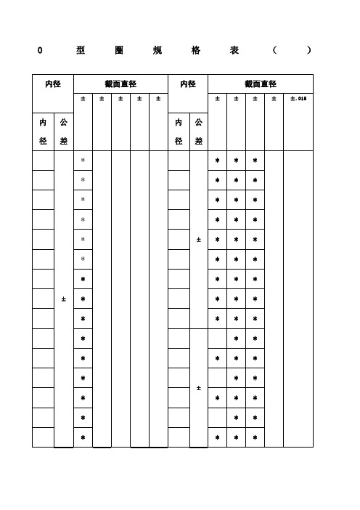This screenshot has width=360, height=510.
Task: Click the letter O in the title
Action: pyautogui.click(x=40, y=51)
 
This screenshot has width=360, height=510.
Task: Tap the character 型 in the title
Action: pyautogui.click(x=80, y=51)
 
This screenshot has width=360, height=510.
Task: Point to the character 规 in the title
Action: pyautogui.click(x=157, y=51)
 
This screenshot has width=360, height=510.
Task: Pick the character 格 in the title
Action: pyautogui.click(x=196, y=51)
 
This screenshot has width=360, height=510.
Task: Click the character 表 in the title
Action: pyautogui.click(x=234, y=51)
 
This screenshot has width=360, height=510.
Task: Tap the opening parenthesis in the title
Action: pyautogui.click(x=274, y=51)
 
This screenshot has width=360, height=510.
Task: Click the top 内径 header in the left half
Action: pyautogui.click(x=53, y=84)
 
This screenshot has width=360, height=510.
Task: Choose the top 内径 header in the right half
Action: pyautogui.click(x=187, y=84)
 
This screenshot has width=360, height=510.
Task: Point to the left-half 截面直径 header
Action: pyautogui.click(x=120, y=84)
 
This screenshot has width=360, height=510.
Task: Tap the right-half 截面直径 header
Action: pyautogui.click(x=261, y=84)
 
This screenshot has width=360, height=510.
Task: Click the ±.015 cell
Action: pyautogui.click(x=298, y=98)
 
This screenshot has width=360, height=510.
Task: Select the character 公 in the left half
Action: pyautogui.click(x=64, y=123)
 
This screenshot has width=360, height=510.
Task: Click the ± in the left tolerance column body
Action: pyautogui.click(x=64, y=299)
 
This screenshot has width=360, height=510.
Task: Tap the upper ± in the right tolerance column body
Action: pyautogui.click(x=198, y=240)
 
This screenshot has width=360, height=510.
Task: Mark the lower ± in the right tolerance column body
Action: pyautogui.click(x=198, y=388)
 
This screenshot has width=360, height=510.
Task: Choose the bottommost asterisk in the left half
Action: pyautogui.click(x=83, y=437)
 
